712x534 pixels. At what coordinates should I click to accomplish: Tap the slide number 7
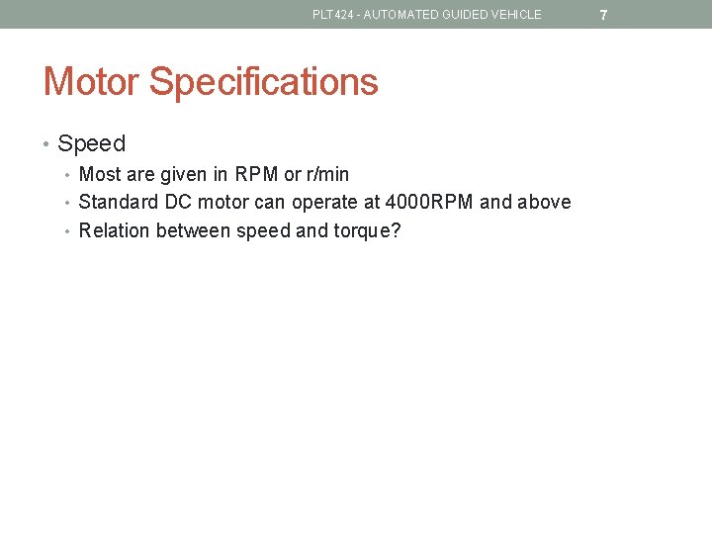(x=603, y=15)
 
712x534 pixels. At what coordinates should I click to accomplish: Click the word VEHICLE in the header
(x=516, y=15)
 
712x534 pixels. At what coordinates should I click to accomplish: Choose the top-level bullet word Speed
(x=92, y=143)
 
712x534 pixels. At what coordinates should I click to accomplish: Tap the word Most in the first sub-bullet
(x=100, y=175)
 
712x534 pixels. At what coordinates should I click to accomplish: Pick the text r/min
(x=328, y=175)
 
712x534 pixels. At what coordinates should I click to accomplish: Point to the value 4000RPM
(x=429, y=203)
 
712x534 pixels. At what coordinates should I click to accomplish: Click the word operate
(x=323, y=203)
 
